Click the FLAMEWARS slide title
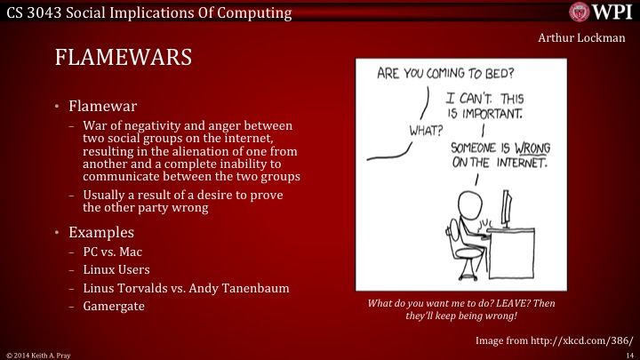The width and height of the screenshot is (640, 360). (x=124, y=60)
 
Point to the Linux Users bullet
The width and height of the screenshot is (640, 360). (x=116, y=269)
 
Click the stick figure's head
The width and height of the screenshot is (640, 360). (x=468, y=198)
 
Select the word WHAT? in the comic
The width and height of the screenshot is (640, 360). (x=426, y=130)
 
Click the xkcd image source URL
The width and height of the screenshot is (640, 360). (x=583, y=340)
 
